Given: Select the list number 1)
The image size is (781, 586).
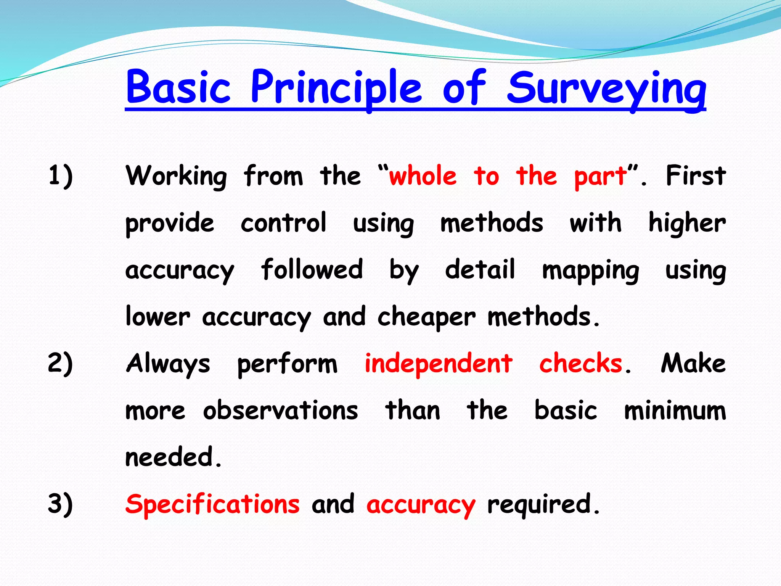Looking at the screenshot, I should coord(60,176).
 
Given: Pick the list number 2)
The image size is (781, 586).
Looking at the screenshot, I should coord(60,363).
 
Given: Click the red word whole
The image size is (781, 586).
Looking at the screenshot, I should coord(423,176).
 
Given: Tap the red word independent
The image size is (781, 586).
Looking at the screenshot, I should coord(439,363).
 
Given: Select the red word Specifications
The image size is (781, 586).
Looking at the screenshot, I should coord(212,504).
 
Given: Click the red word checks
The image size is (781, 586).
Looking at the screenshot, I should coord(580,363).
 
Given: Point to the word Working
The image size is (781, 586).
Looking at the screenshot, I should coord(176,176).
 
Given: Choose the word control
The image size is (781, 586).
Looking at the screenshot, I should coord(283,223).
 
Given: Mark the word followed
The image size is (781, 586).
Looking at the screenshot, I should coord(312,269).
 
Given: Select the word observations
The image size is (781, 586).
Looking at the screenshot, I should coord(280,411).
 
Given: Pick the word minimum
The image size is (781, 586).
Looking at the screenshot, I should coord(675,411).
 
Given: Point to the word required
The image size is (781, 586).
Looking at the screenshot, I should coord(540,504).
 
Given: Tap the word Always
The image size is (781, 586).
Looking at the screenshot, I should coord(168,364).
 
